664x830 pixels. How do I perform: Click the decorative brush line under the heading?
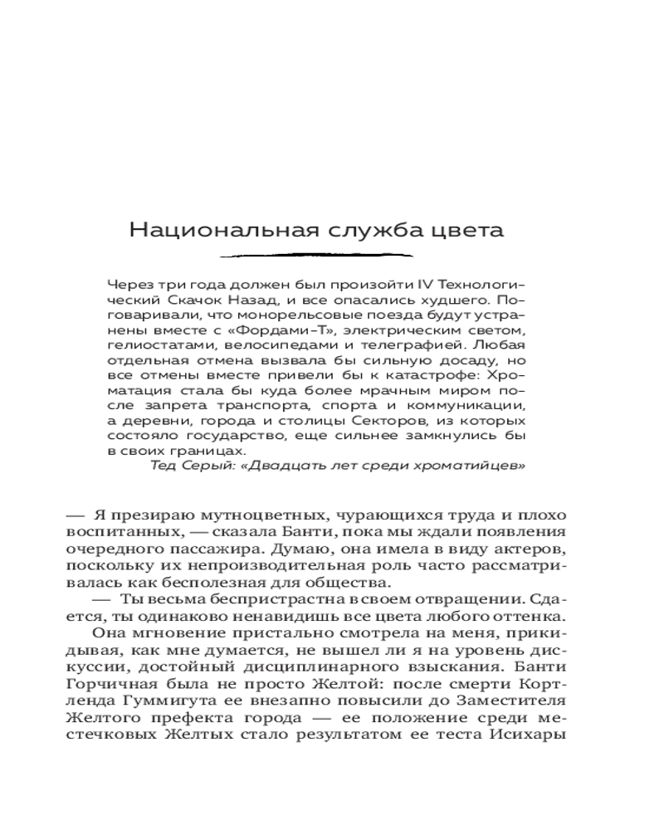coord(316,256)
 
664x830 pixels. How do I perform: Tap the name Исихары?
coord(532,736)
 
